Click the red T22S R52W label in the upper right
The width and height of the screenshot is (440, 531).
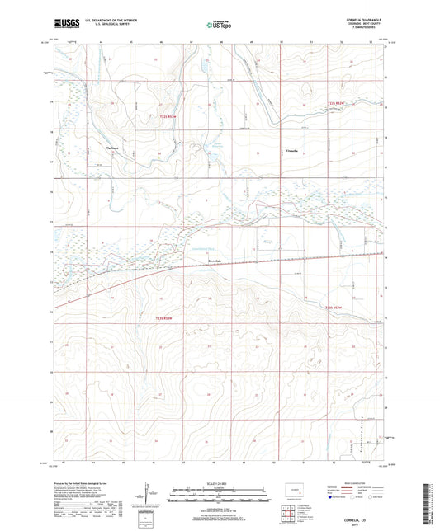click(338, 102)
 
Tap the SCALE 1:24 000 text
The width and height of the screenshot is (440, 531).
click(219, 483)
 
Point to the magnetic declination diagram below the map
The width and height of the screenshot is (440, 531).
click(149, 496)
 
